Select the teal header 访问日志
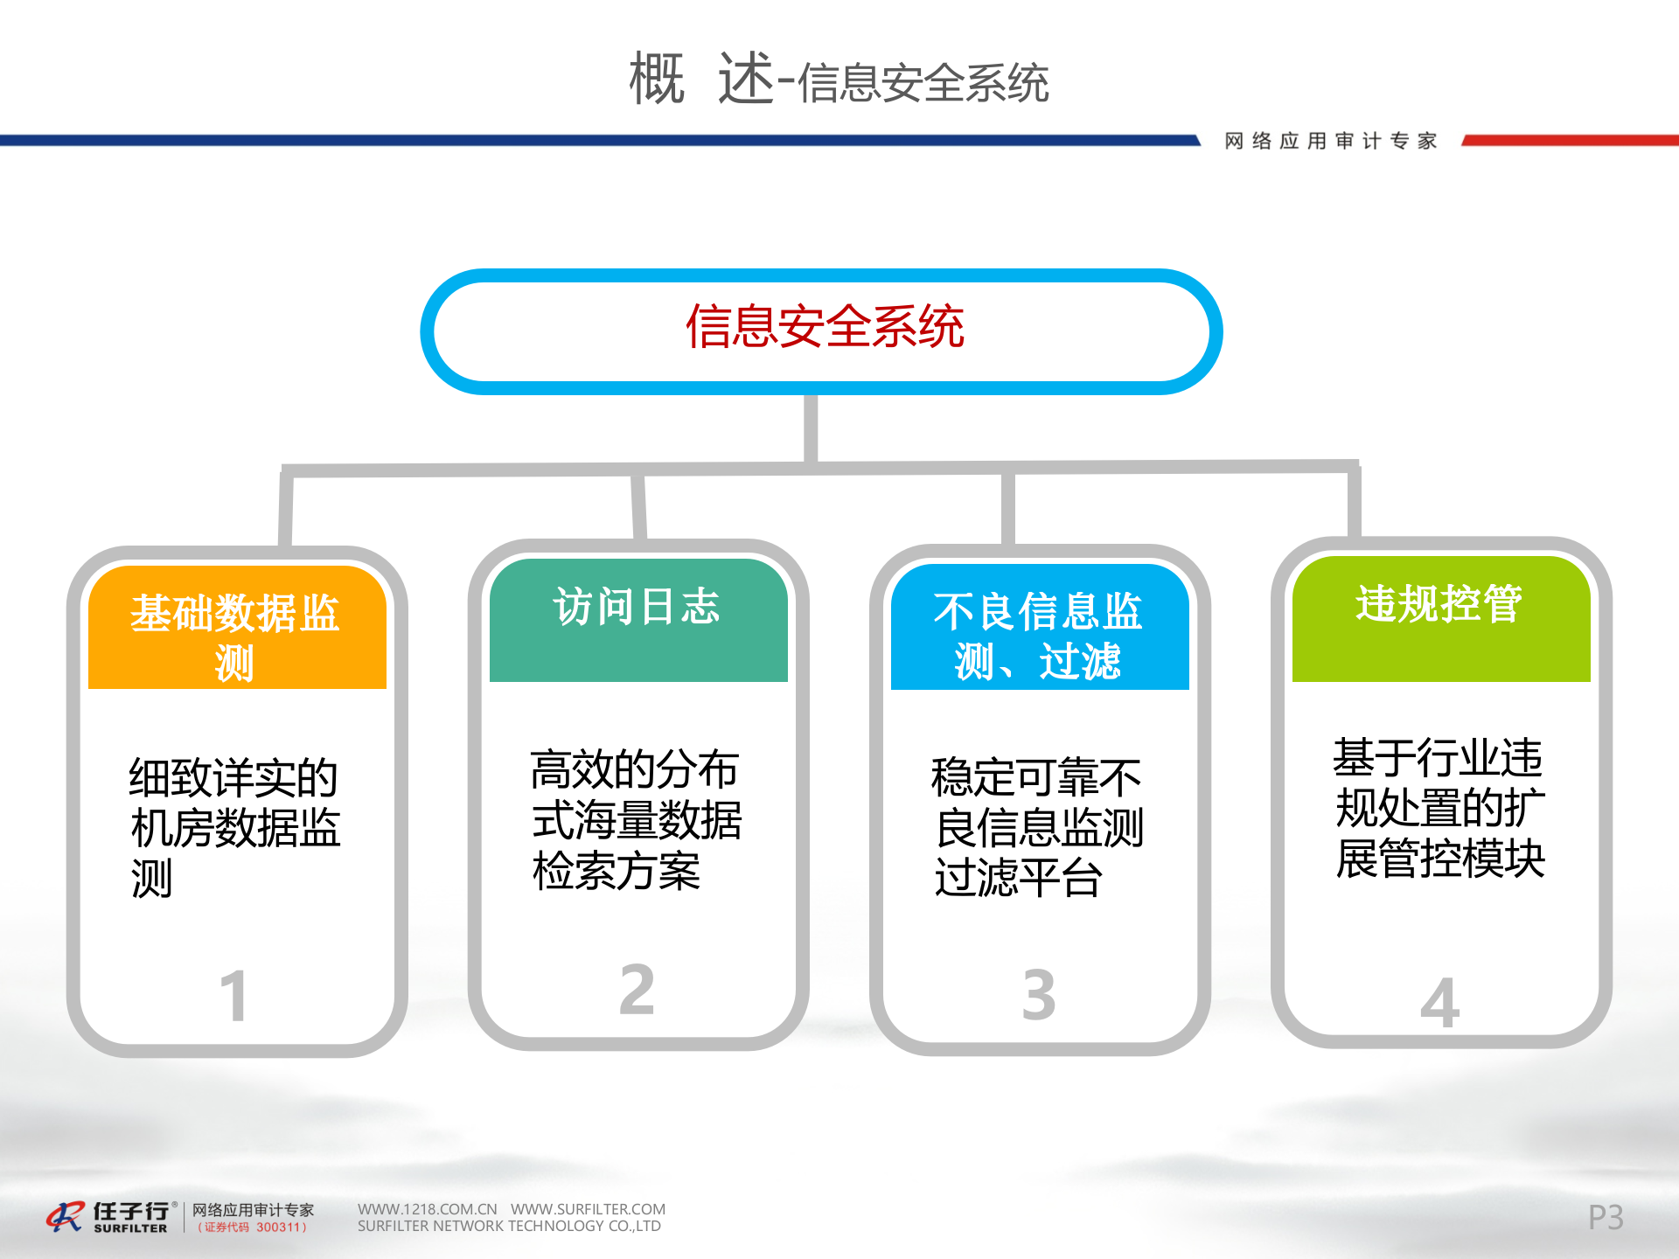[637, 607]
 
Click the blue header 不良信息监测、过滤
[1038, 635]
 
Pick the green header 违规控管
[1439, 603]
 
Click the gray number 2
[637, 990]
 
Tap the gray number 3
[1038, 995]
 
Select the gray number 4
[1439, 1003]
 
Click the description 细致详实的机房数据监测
[234, 827]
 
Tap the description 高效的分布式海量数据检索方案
[636, 820]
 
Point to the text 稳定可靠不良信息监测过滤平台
[1037, 827]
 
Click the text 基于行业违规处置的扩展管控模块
[1439, 808]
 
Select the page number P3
[1606, 1217]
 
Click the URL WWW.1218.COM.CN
[427, 1209]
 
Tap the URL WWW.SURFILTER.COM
[588, 1209]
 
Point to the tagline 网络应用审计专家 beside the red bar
[1331, 141]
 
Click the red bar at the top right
[1571, 140]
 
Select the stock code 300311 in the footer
[278, 1228]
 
